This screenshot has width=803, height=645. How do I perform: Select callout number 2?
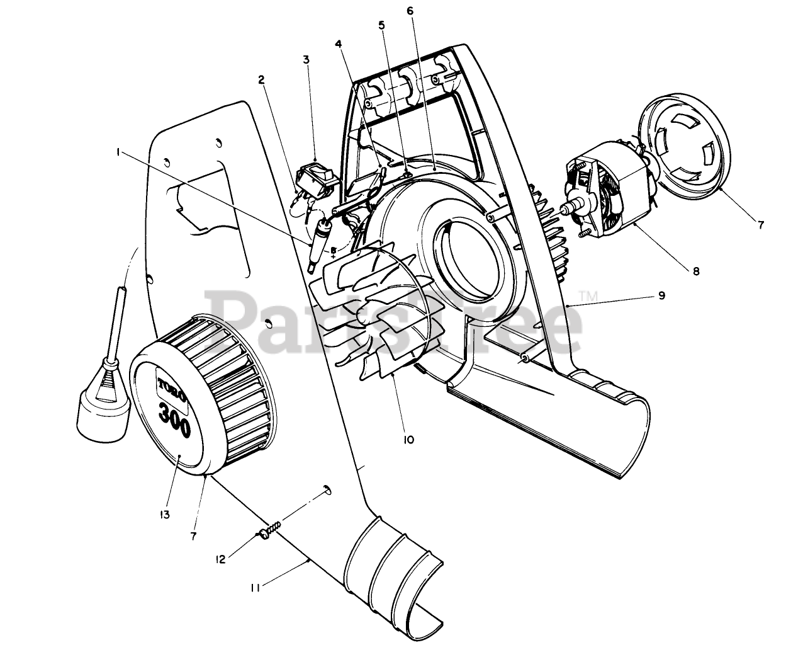pos(261,79)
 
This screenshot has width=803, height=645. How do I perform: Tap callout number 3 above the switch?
pos(306,60)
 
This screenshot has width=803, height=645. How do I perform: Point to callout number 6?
pos(410,11)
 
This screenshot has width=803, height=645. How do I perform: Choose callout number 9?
pos(661,295)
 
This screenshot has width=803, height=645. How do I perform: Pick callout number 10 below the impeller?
pos(408,440)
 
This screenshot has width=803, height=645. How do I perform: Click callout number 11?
pos(255,588)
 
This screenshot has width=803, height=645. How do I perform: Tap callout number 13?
pos(165,515)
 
